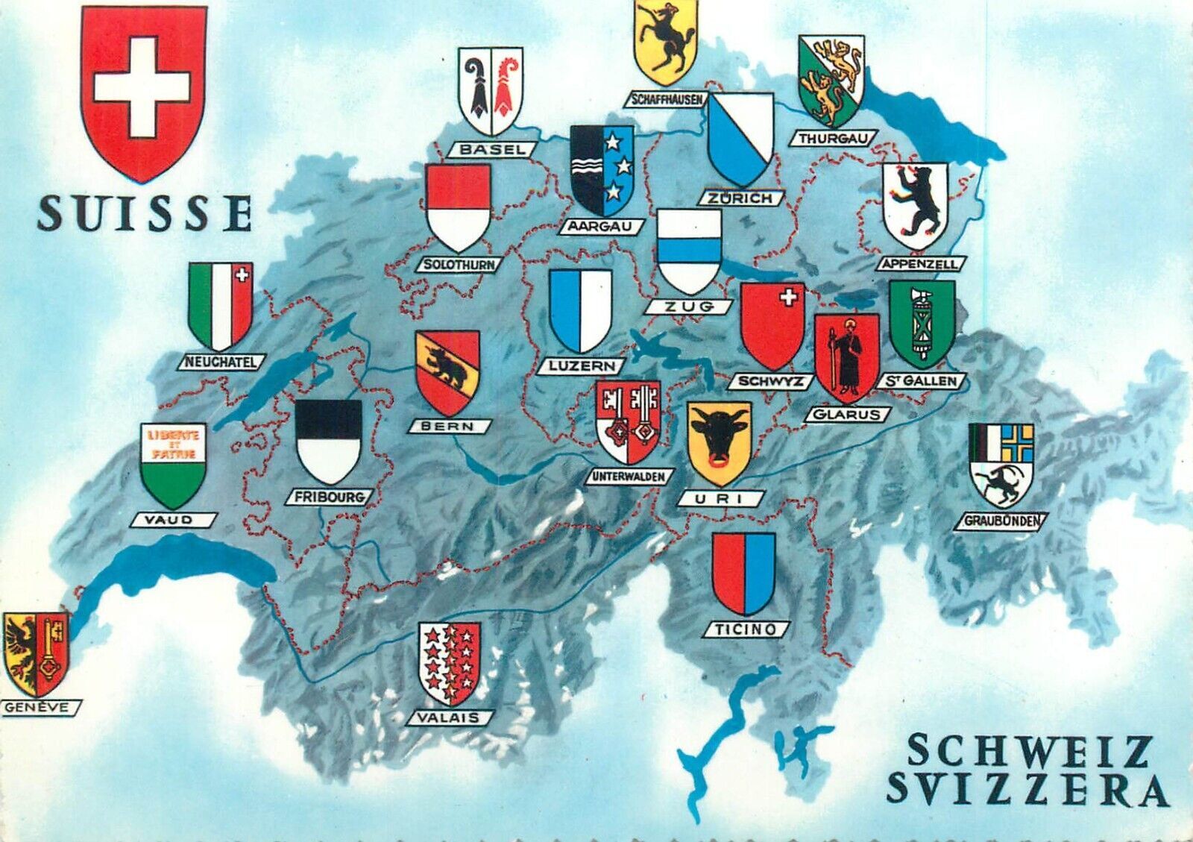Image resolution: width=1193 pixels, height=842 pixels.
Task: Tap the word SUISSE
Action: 145,214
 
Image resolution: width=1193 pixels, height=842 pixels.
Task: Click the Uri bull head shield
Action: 719,444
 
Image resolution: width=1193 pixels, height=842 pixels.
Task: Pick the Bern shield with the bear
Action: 447,373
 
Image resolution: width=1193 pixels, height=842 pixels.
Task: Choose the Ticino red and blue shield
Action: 743,572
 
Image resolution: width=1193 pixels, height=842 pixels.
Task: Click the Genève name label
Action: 37,707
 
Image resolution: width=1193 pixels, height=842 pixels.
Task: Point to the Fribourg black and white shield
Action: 328,442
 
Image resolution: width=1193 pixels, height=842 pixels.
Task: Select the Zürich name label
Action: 741,198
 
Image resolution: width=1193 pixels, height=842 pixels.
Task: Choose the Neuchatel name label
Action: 221,362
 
